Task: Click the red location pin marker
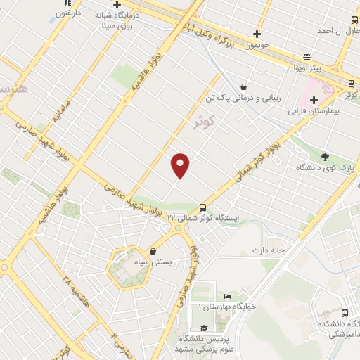[x=181, y=165]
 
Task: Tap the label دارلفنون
[x=67, y=13]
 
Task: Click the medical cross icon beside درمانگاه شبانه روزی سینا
[x=117, y=4]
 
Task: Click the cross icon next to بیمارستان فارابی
[x=314, y=100]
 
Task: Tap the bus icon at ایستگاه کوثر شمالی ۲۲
[x=202, y=207]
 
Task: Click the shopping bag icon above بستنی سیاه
[x=153, y=251]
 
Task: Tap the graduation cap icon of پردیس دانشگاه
[x=203, y=328]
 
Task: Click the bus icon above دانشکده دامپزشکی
[x=344, y=313]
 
